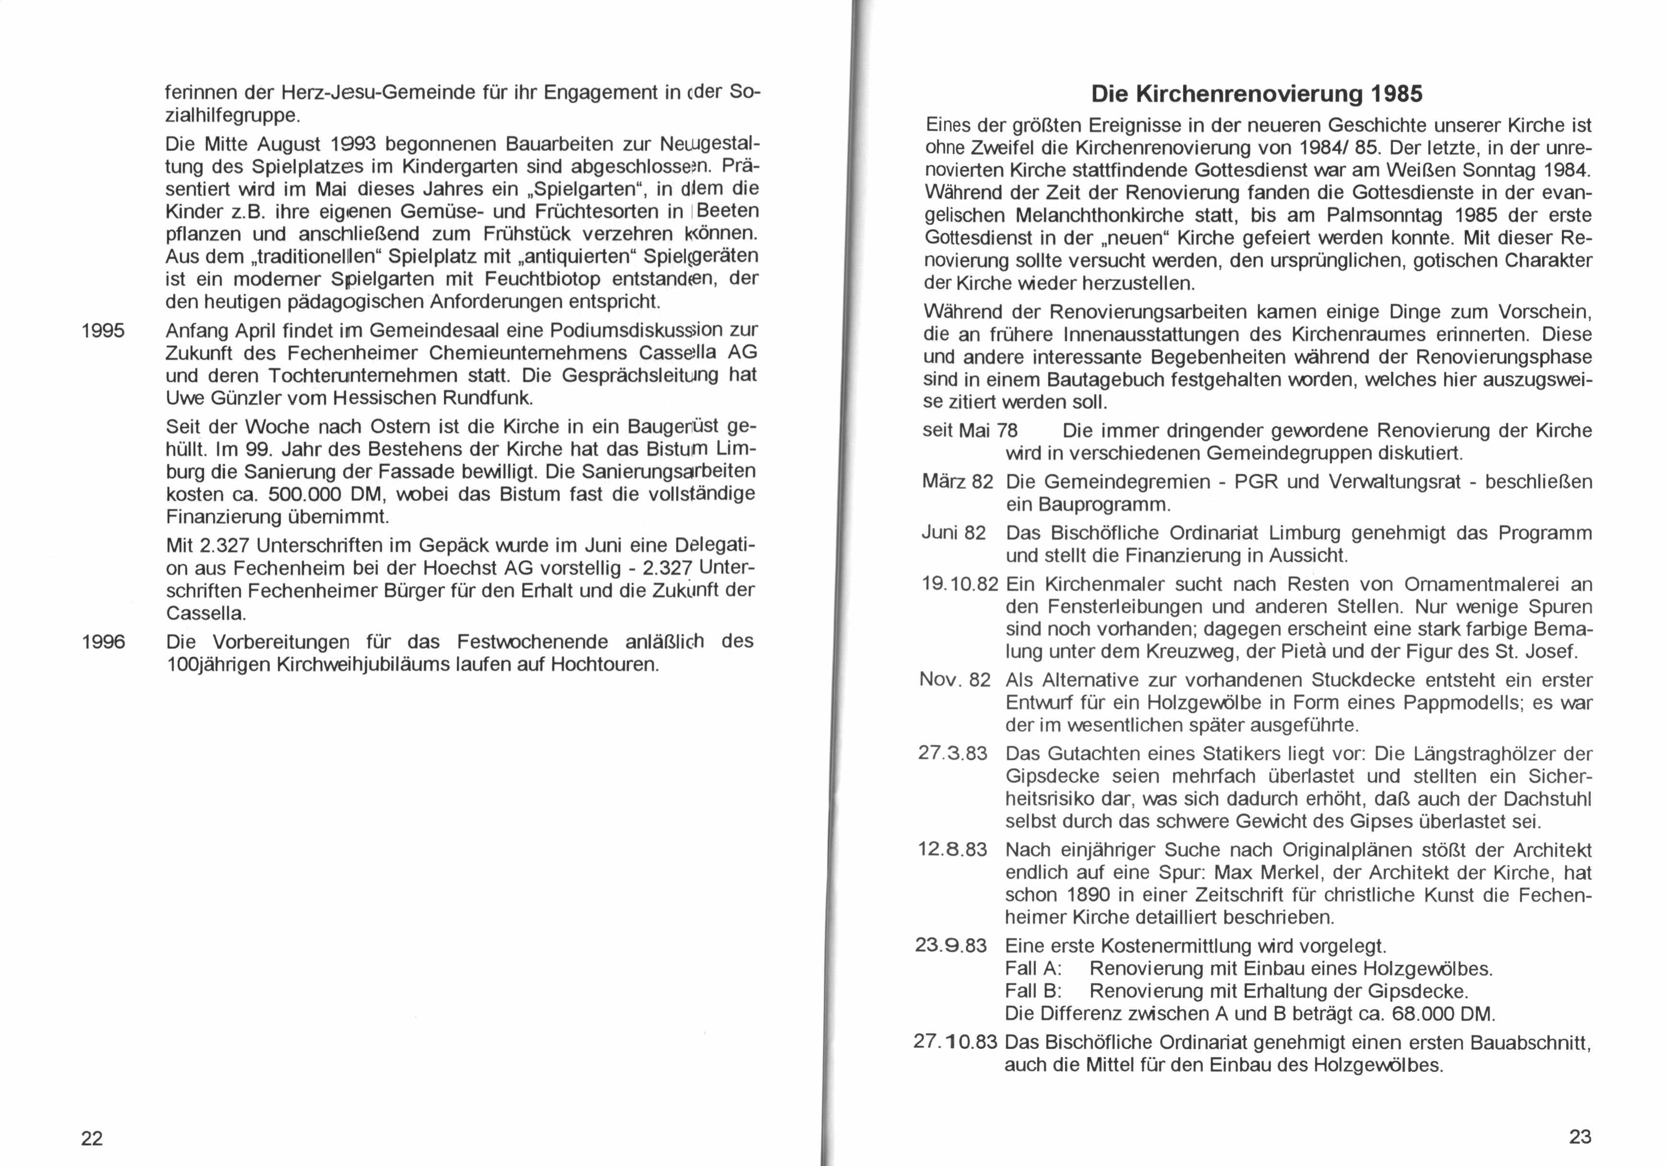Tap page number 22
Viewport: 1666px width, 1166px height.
(92, 1139)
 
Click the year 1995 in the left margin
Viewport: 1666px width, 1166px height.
(103, 331)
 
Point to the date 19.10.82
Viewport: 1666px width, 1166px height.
(959, 584)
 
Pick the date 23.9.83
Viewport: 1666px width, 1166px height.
(951, 946)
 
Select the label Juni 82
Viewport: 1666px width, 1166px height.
(953, 534)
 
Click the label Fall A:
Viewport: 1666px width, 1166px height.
(1033, 969)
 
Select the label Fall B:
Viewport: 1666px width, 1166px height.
(1033, 991)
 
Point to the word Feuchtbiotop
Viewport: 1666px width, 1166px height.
(543, 279)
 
